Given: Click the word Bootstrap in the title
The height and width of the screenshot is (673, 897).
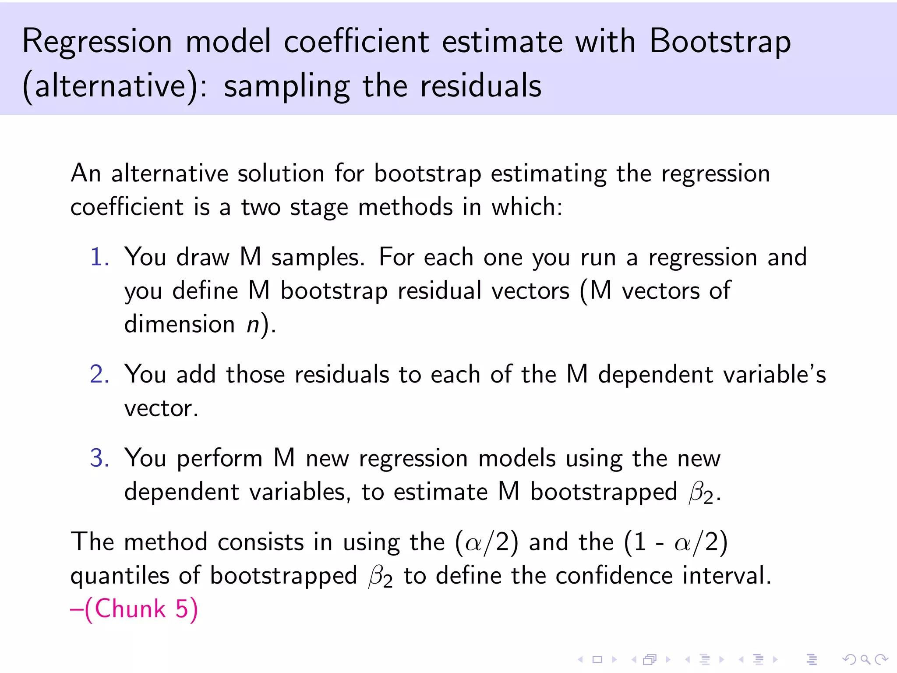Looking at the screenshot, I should click(720, 42).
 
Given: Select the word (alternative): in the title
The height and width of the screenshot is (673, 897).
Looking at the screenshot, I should click(115, 86).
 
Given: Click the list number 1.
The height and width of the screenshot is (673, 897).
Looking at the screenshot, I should click(99, 257).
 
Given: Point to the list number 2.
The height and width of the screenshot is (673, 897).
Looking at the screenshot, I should click(99, 375).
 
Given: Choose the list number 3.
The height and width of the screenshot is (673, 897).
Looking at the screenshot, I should click(99, 458).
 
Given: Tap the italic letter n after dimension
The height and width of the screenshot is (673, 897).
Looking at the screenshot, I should click(253, 325).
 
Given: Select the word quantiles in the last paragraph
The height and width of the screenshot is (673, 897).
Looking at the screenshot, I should click(120, 576).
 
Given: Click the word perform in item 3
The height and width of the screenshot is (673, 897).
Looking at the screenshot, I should click(219, 459).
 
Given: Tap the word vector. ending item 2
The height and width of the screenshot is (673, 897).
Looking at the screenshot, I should click(161, 408).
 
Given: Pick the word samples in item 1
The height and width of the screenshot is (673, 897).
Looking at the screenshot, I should click(318, 257).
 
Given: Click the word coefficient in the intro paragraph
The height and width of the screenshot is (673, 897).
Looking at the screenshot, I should click(127, 207).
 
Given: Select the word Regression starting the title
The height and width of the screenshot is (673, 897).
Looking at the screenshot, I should click(97, 42).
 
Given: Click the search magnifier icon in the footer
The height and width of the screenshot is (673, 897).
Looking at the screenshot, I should click(865, 659).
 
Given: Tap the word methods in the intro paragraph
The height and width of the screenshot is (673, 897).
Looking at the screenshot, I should click(405, 207).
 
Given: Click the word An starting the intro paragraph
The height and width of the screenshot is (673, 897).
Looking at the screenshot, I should click(86, 173).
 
